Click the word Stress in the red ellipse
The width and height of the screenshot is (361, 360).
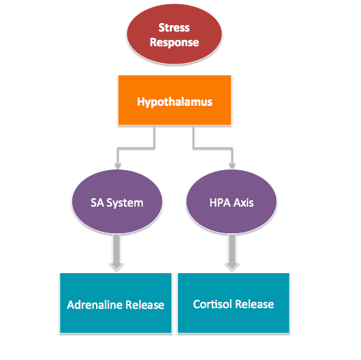tap(174, 27)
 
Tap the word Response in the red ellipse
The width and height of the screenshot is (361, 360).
tap(175, 43)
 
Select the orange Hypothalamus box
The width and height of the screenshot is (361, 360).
tap(175, 100)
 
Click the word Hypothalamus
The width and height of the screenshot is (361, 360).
tap(175, 102)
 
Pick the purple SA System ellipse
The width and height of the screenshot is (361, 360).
tap(117, 202)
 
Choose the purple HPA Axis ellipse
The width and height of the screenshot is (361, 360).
tap(231, 202)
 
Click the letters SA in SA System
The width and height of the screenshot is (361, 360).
tap(97, 202)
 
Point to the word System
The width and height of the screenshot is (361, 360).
tap(125, 203)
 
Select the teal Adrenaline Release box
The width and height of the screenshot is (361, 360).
tap(116, 303)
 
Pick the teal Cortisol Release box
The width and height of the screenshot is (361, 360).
tap(233, 303)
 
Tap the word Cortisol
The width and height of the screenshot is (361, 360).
tap(212, 304)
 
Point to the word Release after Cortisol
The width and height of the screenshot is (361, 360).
tap(254, 304)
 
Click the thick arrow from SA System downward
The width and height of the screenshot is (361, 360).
tap(116, 252)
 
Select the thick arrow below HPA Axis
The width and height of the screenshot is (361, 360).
tap(232, 252)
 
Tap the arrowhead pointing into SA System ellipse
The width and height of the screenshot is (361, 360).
tap(118, 165)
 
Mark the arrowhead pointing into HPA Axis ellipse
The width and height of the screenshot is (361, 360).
tap(232, 165)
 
